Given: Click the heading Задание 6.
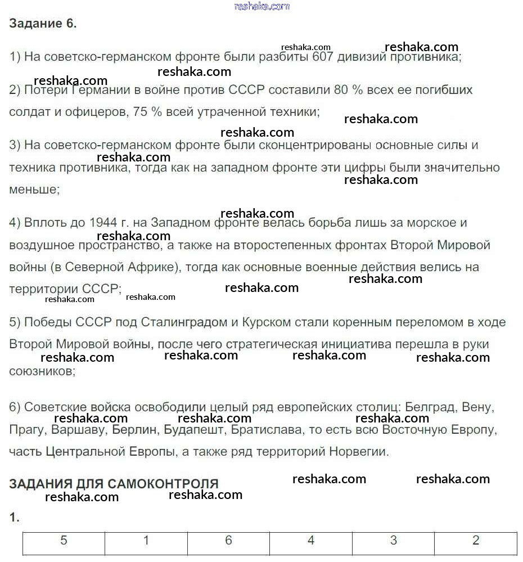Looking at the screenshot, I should pyautogui.click(x=43, y=23).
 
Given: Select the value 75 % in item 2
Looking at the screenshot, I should pyautogui.click(x=148, y=112).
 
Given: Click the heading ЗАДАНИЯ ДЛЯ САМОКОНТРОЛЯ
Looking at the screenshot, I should pyautogui.click(x=114, y=484).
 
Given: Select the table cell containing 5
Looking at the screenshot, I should pyautogui.click(x=64, y=541).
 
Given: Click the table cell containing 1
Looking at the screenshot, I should pyautogui.click(x=146, y=541).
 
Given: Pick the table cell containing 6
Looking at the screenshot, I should pyautogui.click(x=228, y=541).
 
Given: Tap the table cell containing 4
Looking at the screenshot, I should pyautogui.click(x=311, y=541).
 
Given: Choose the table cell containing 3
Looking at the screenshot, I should pyautogui.click(x=393, y=541).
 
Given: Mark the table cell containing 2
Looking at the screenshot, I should pyautogui.click(x=476, y=541).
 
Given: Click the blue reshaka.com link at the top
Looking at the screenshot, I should pyautogui.click(x=262, y=6).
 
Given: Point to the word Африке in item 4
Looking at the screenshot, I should pyautogui.click(x=149, y=267).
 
